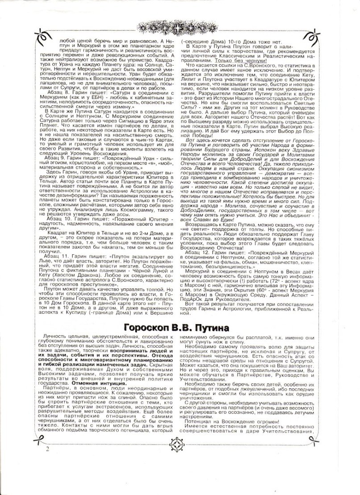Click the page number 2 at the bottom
coord(47,474)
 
